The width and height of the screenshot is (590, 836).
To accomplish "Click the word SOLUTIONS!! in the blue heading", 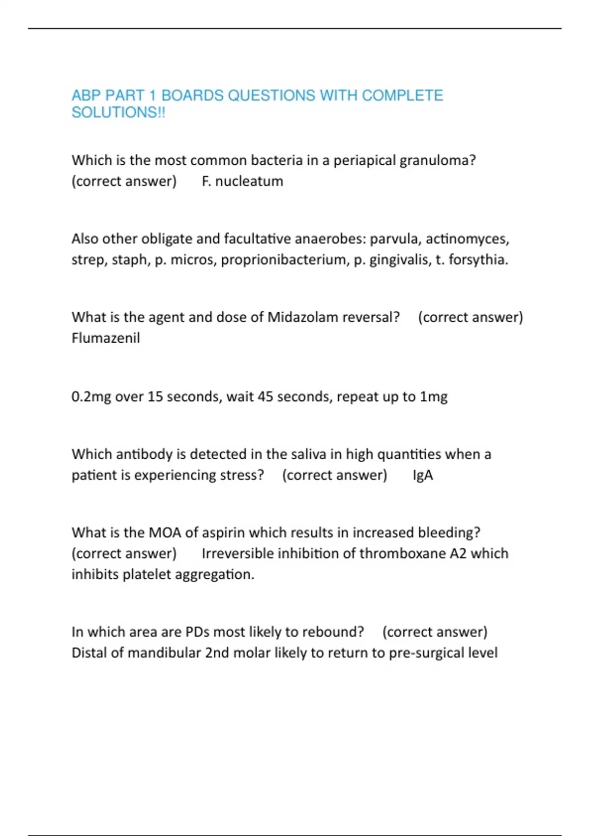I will click(x=118, y=113).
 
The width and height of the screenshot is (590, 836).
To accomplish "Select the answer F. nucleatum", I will click(x=242, y=181).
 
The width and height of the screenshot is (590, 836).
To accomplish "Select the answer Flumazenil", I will click(x=106, y=338).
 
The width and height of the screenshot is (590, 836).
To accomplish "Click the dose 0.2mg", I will click(x=91, y=397).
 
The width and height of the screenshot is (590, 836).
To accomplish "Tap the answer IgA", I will click(x=423, y=476).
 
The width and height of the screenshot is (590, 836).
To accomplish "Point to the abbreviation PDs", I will click(x=197, y=632).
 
